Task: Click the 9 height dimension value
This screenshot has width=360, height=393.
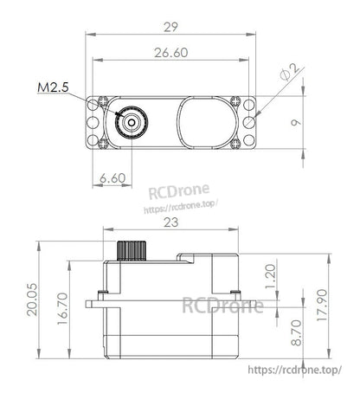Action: pyautogui.click(x=294, y=123)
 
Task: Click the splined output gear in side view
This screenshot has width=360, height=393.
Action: pyautogui.click(x=132, y=249)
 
